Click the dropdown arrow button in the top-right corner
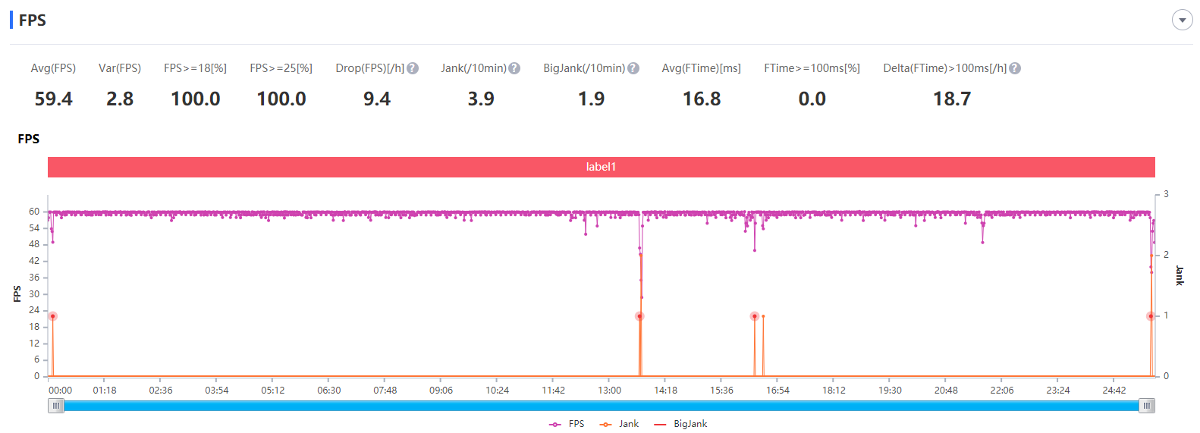point(1182,20)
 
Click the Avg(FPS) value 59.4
point(54,99)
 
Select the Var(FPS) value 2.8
point(120,99)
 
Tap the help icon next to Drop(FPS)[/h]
point(413,68)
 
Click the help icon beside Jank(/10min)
point(514,68)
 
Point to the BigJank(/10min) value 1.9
point(592,99)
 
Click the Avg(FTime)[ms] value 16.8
point(702,99)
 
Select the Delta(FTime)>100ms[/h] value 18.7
point(952,99)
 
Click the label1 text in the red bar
point(601,167)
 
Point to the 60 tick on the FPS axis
point(34,212)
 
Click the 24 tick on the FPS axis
point(34,310)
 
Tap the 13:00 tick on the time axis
point(609,391)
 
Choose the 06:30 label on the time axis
point(328,391)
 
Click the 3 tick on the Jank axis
point(1166,195)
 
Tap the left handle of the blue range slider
point(55,406)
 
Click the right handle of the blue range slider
point(1147,406)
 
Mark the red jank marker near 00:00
point(52,316)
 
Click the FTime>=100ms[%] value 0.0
point(812,99)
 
